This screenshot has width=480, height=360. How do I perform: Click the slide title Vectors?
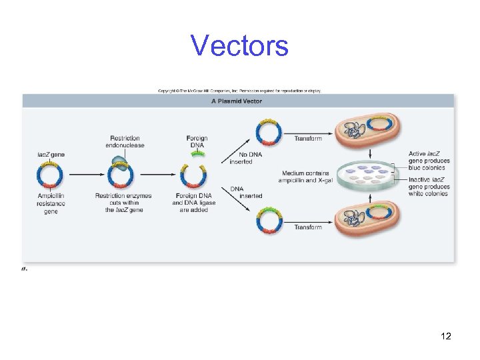click(x=239, y=46)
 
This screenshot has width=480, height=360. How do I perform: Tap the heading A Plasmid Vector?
click(x=237, y=101)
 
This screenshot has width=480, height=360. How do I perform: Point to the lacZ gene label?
click(x=50, y=155)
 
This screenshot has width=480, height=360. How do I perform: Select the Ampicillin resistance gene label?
click(x=51, y=203)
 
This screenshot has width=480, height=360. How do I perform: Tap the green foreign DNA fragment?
click(x=196, y=155)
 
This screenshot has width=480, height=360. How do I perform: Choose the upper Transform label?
click(x=308, y=139)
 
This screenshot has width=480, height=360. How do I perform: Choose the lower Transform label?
click(x=308, y=227)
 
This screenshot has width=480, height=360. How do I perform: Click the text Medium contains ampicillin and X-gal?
click(x=305, y=177)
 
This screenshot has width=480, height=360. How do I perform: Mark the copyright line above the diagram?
click(x=239, y=91)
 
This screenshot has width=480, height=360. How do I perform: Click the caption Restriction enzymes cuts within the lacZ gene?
click(x=123, y=203)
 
